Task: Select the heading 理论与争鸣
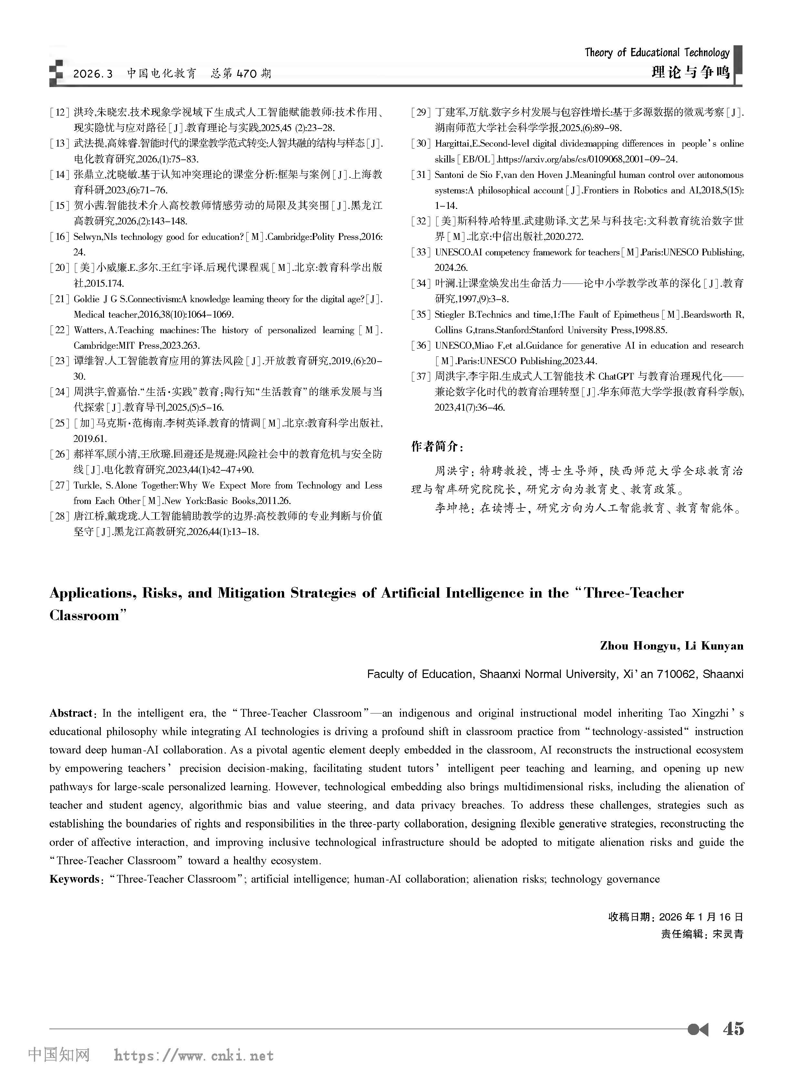point(690,72)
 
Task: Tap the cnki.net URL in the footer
point(194,1055)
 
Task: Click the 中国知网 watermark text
point(59,1055)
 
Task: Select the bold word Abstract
point(71,713)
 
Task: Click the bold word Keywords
point(73,879)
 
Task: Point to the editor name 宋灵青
point(728,934)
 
